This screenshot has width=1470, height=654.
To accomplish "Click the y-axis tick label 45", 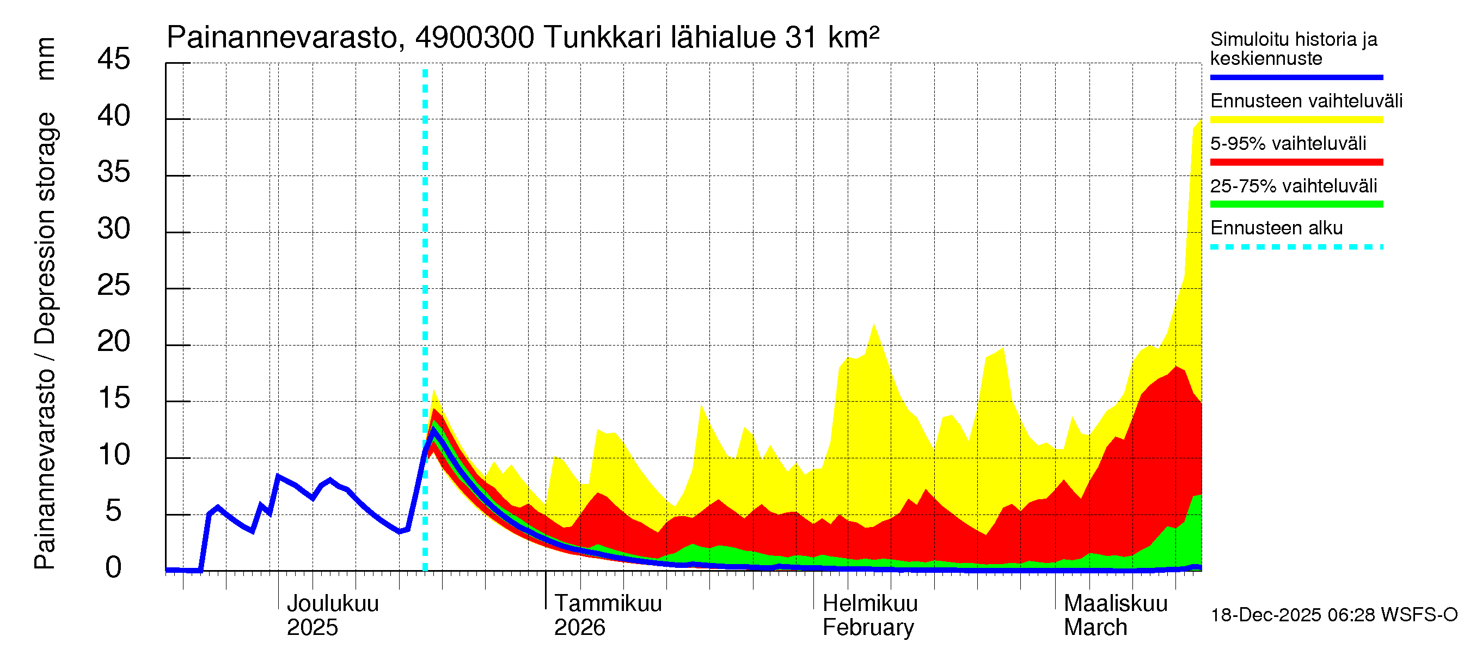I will coord(114,59).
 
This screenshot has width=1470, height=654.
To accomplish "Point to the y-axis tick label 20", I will coord(114,342).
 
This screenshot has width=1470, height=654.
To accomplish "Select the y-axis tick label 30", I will coord(114,228).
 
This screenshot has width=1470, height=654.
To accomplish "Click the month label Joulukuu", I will coord(332,603).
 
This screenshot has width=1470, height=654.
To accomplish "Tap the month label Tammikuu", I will coord(608,603).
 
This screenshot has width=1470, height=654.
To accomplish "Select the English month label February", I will coord(868,627).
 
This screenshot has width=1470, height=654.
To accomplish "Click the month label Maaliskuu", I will coord(1116,603).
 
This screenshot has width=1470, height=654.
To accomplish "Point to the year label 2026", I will coord(579,627).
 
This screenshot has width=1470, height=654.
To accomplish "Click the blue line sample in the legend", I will coord(1296,77).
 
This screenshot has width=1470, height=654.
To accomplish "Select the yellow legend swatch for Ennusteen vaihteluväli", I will coord(1296,119).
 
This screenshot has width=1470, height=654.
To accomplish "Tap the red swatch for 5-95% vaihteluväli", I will coord(1296,162).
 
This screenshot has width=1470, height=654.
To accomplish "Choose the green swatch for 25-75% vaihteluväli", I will coord(1296,204).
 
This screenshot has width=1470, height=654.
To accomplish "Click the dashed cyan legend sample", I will coord(1296,247).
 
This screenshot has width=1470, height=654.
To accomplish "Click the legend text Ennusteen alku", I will coord(1276,228).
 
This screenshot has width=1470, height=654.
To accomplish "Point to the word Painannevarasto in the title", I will coord(282,38).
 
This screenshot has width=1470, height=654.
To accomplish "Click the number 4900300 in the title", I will coord(475,38).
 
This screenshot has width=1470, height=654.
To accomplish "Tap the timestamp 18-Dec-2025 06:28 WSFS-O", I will coord(1333,615).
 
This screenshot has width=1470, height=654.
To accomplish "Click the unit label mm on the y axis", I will coord(45,59).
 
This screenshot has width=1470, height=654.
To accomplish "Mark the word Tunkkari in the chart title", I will coord(603,38).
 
